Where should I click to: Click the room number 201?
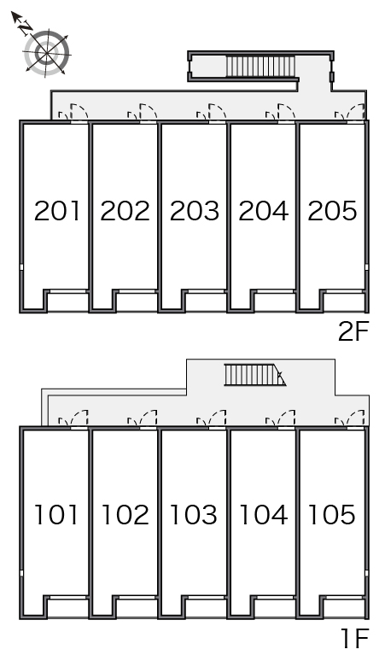click(57, 211)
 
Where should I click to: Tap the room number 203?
click(195, 211)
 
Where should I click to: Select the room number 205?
click(332, 211)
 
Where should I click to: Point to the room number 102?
click(125, 515)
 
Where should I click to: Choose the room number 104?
click(263, 515)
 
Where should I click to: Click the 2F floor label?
click(353, 331)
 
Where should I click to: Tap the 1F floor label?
click(355, 638)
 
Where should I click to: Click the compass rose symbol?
click(46, 54)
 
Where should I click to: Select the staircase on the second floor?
click(260, 66)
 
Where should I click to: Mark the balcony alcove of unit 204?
click(275, 301)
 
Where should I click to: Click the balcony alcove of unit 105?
click(344, 608)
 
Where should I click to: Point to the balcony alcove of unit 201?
click(67, 301)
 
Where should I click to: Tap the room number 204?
click(263, 211)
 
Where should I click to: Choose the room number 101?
click(56, 515)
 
